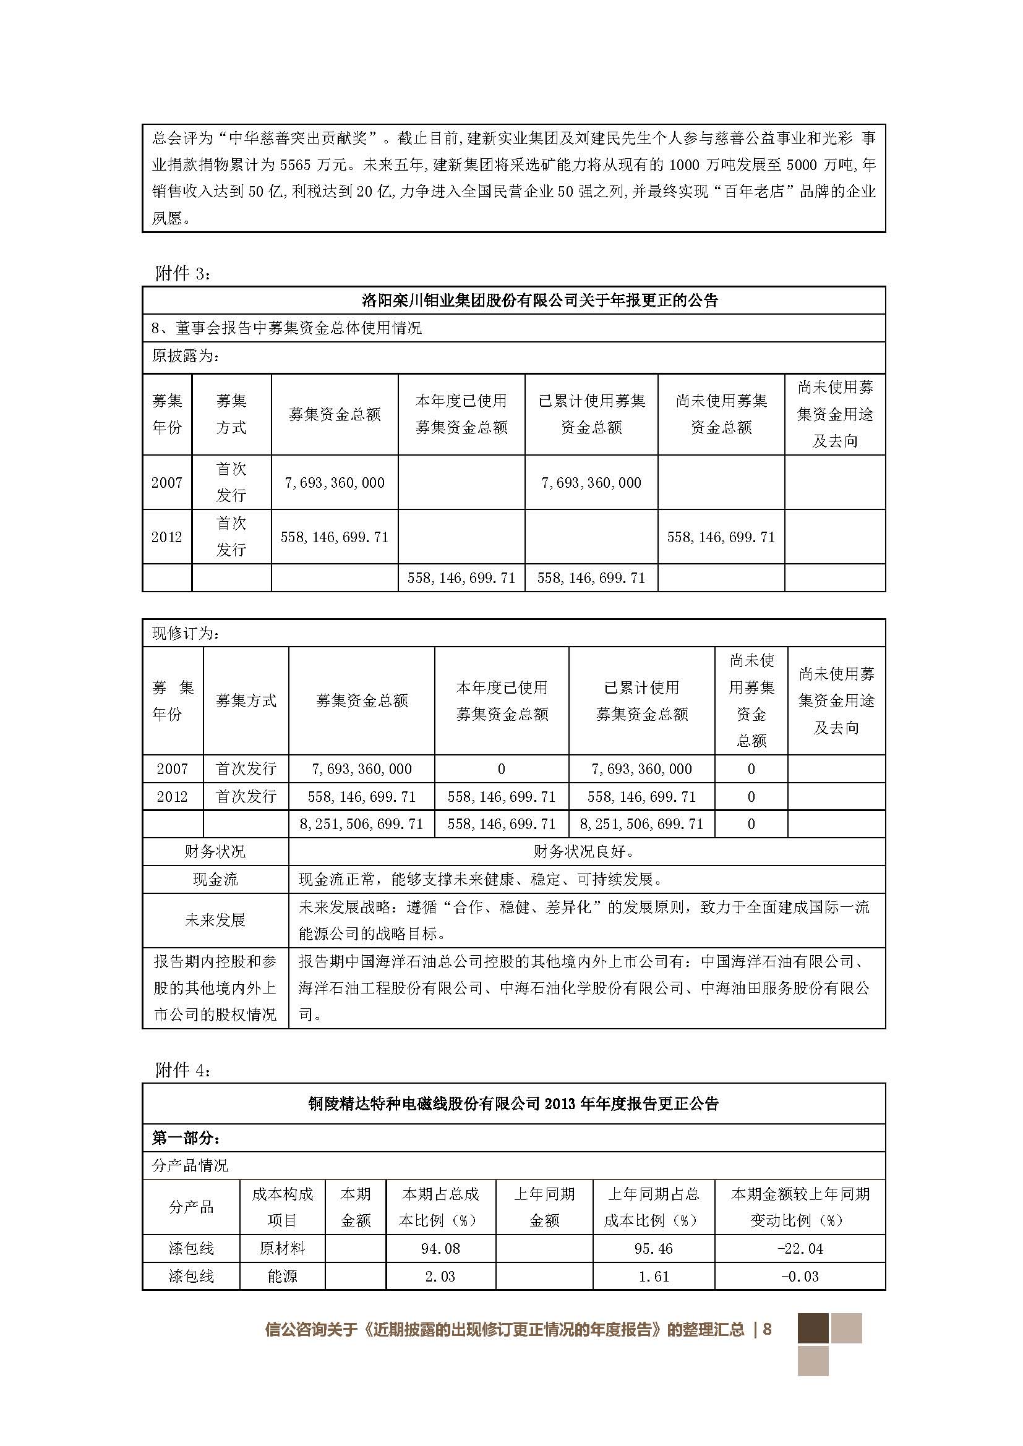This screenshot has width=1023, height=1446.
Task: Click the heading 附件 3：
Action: coord(183,273)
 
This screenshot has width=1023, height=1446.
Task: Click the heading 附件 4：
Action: coord(183,1070)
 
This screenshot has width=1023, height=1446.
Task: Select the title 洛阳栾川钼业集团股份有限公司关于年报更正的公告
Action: coord(539,300)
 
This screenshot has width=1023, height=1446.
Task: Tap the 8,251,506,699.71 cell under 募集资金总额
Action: coord(361,823)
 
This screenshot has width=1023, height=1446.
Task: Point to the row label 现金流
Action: coord(215,879)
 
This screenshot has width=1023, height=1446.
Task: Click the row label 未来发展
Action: coord(215,920)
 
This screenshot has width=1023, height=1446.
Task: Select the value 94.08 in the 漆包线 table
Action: coord(440,1248)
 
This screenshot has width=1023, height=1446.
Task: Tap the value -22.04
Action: coord(799,1248)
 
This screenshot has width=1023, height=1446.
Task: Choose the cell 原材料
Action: coord(281,1248)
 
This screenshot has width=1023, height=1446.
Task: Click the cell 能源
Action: coord(281,1276)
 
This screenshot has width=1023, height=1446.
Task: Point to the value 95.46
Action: coord(653,1248)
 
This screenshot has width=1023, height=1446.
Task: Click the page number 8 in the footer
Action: coord(766,1329)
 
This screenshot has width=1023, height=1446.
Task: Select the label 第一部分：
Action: coord(186,1138)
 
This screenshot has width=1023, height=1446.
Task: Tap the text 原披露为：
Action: coord(186,356)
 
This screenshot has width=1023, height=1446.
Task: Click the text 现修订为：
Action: coord(186,633)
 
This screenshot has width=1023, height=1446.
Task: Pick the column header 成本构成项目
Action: coord(281,1207)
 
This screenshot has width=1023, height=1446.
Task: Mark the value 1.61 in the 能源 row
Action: coord(653,1276)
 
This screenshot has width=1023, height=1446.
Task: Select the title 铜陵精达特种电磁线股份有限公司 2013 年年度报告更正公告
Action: coord(513,1104)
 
